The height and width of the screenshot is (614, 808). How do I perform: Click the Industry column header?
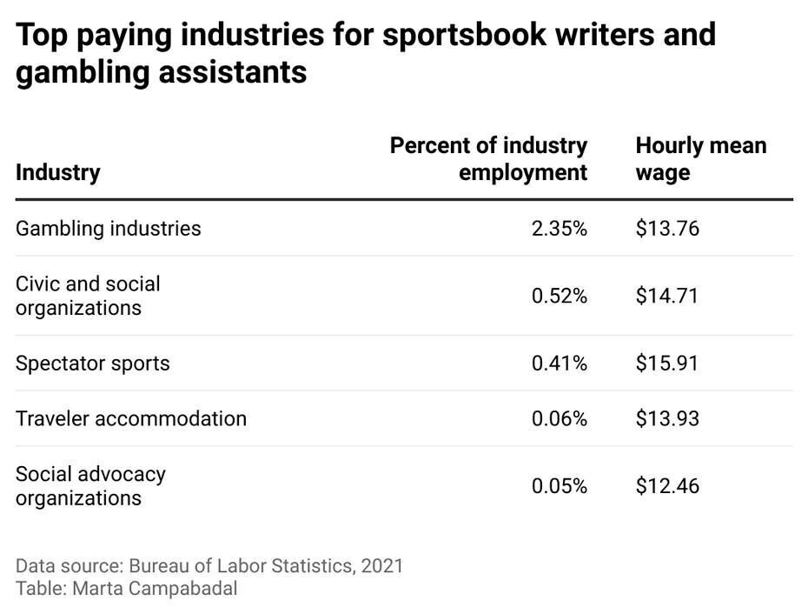[x=57, y=172]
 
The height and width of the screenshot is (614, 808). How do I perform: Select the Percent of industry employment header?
[x=488, y=158]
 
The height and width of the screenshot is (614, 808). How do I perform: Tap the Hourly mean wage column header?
[x=700, y=158]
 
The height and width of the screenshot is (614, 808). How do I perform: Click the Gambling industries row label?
[x=108, y=228]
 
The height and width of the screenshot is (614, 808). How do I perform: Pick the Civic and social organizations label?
[x=88, y=296]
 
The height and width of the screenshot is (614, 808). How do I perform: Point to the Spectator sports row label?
[x=92, y=363]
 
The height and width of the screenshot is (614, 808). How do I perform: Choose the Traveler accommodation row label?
[x=130, y=418]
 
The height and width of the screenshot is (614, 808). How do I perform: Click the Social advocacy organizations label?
[x=90, y=486]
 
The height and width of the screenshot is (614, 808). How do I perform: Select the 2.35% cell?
[x=559, y=229]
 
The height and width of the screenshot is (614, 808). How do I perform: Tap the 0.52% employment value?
[x=559, y=297]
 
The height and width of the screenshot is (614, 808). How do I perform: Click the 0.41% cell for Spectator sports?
[x=559, y=363]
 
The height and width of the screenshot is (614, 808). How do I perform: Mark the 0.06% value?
[x=559, y=419]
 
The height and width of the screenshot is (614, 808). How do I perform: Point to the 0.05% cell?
[x=559, y=486]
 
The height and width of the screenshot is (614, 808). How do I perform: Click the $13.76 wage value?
[x=666, y=229]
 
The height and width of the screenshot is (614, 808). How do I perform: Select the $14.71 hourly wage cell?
[x=666, y=297]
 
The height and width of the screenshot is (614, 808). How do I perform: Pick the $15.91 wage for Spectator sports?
[x=666, y=363]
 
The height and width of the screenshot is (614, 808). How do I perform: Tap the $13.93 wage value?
[x=666, y=419]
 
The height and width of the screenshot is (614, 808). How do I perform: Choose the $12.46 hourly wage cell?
[x=666, y=486]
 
